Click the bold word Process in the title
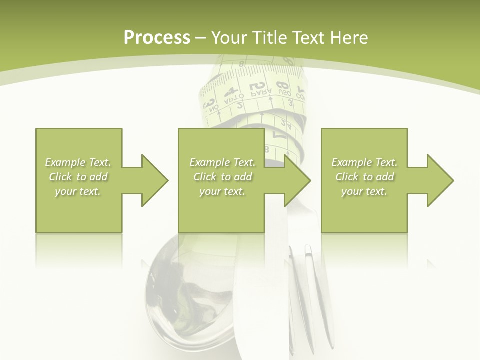tap(157, 38)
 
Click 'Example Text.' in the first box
tap(78, 162)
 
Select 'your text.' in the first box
tap(78, 191)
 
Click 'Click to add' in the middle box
tap(222, 177)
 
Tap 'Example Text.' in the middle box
tap(222, 162)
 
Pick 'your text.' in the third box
tap(364, 191)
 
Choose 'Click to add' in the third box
tap(364, 177)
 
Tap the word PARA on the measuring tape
tap(260, 92)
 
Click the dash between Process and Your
tap(200, 38)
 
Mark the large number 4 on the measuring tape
tap(231, 91)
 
